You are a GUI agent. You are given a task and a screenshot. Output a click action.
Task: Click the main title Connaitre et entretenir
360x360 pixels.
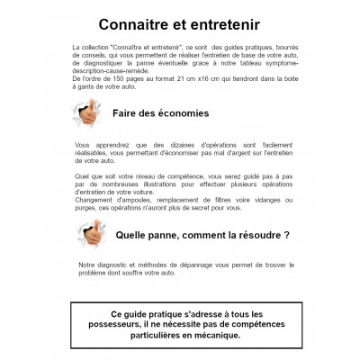click(x=179, y=20)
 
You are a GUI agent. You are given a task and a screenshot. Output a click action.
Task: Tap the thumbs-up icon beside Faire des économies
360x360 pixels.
click(x=87, y=113)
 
